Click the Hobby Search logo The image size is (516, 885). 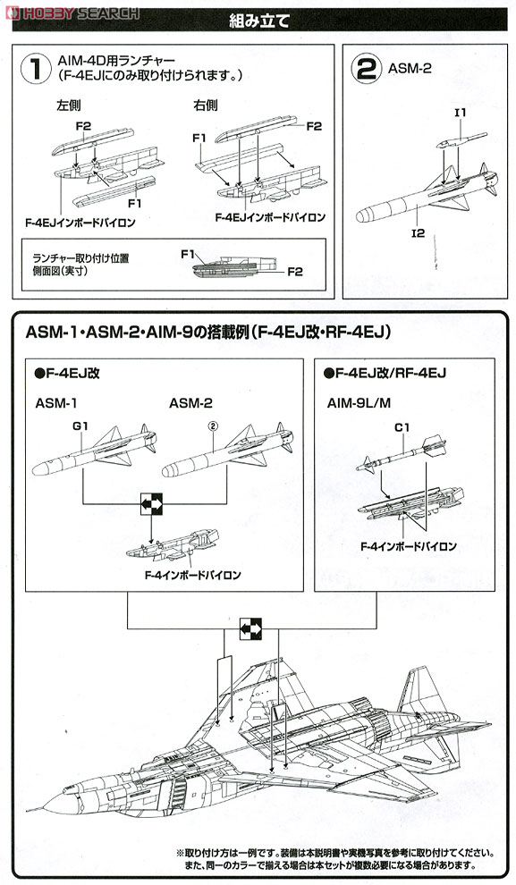point(72,11)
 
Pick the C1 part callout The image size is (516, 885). point(401,427)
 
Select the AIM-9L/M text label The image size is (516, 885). point(359,403)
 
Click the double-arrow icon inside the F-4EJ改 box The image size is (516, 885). point(151,506)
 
